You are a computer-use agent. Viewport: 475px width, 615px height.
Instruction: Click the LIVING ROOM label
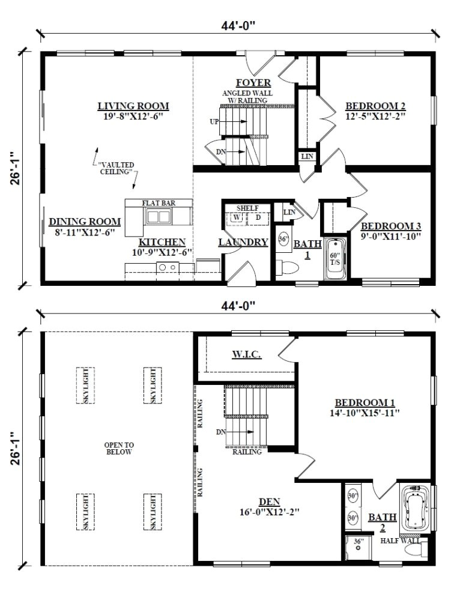pyautogui.click(x=133, y=106)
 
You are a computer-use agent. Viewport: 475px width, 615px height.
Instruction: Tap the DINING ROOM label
pyautogui.click(x=85, y=221)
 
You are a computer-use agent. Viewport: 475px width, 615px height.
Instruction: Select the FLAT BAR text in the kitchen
pyautogui.click(x=159, y=204)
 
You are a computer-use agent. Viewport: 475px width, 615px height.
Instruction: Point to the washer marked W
pyautogui.click(x=237, y=217)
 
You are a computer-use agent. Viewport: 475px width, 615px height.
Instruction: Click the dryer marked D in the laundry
pyautogui.click(x=258, y=217)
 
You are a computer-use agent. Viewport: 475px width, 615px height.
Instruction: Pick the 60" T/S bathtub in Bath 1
pyautogui.click(x=334, y=259)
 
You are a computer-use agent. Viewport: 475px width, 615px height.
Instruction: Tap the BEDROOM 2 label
pyautogui.click(x=375, y=106)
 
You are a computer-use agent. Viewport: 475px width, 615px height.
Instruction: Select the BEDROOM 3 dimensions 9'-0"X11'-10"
pyautogui.click(x=391, y=236)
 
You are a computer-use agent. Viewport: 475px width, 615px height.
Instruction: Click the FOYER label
pyautogui.click(x=253, y=83)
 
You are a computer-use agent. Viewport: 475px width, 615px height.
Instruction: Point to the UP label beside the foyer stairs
pyautogui.click(x=214, y=121)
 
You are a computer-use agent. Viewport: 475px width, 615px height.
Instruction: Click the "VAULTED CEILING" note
pyautogui.click(x=116, y=168)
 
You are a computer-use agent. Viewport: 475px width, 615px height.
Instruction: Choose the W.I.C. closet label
pyautogui.click(x=246, y=354)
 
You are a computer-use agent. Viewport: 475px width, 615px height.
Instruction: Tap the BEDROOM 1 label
pyautogui.click(x=365, y=402)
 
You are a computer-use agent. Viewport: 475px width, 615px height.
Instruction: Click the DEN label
pyautogui.click(x=269, y=501)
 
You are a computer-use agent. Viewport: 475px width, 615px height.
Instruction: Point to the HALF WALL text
pyautogui.click(x=401, y=541)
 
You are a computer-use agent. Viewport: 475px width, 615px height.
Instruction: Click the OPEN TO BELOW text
pyautogui.click(x=118, y=448)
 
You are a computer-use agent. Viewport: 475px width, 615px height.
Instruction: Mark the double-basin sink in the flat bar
pyautogui.click(x=159, y=217)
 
